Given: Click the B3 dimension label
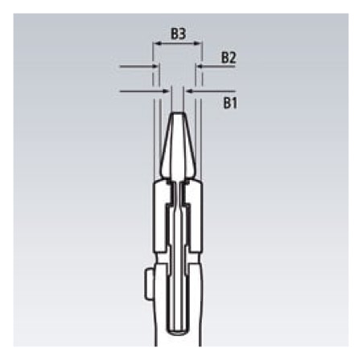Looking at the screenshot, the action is [x=179, y=34].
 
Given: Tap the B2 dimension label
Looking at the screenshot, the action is [x=228, y=58].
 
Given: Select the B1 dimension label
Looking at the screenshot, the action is [x=230, y=103].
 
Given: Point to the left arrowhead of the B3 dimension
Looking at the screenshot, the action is [x=156, y=43].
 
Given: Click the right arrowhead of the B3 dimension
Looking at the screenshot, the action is [x=198, y=43].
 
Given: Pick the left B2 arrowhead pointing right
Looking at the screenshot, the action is [x=155, y=66].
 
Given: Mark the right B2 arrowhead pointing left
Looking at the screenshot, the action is [x=200, y=66].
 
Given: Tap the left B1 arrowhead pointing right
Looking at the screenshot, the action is [x=167, y=92].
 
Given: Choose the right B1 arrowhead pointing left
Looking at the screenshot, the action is [x=190, y=92].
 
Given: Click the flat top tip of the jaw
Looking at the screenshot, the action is [x=178, y=113].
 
